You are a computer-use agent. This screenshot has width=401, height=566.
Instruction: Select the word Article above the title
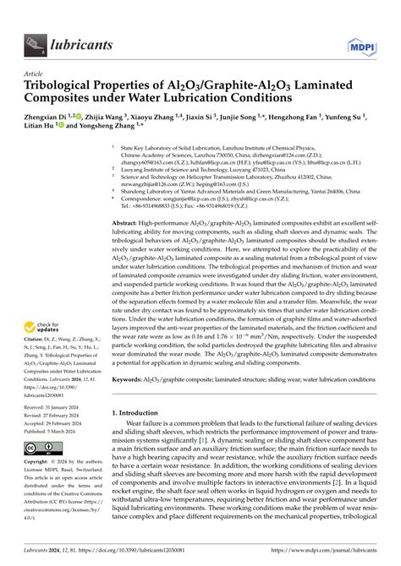tap(34, 73)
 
